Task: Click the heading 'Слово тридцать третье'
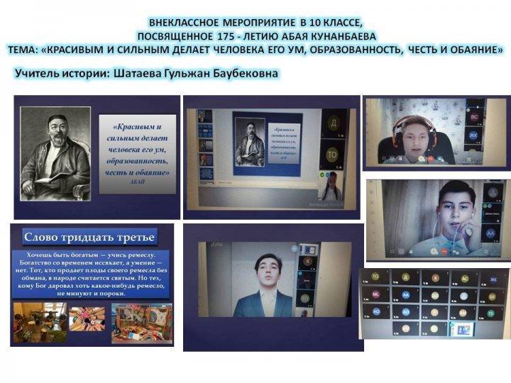tap(89, 237)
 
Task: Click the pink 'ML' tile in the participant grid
tap(376, 294)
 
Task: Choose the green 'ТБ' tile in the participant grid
tap(490, 311)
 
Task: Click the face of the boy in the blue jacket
tap(268, 267)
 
